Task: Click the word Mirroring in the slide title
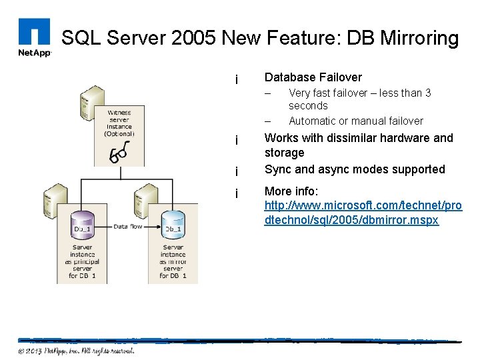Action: [419, 38]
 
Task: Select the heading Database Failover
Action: [313, 77]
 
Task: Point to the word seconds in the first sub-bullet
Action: [308, 105]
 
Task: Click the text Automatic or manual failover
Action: [355, 121]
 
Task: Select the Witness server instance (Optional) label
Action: [119, 123]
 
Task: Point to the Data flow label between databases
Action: [128, 227]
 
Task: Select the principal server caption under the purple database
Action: [83, 261]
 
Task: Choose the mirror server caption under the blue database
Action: [173, 261]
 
